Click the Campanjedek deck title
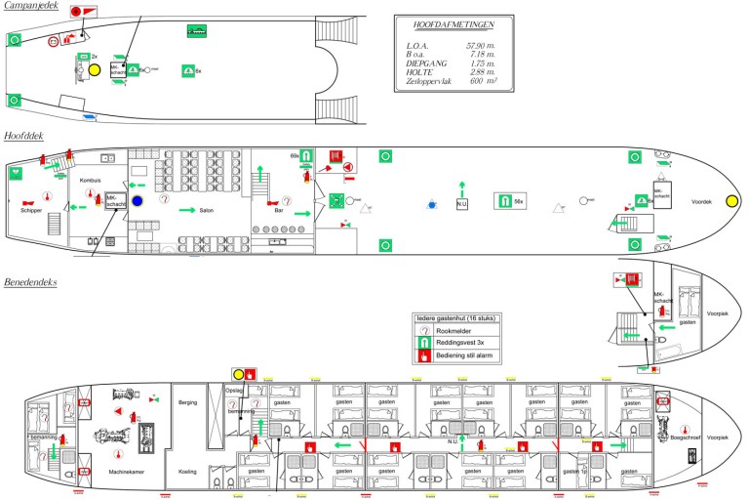point(31,7)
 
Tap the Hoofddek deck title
point(24,137)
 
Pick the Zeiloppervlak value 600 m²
point(478,81)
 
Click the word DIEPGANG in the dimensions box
point(426,63)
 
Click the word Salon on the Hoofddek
point(207,210)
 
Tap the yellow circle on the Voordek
point(730,201)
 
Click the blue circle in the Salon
point(137,201)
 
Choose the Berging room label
point(188,401)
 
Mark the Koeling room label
point(188,472)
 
